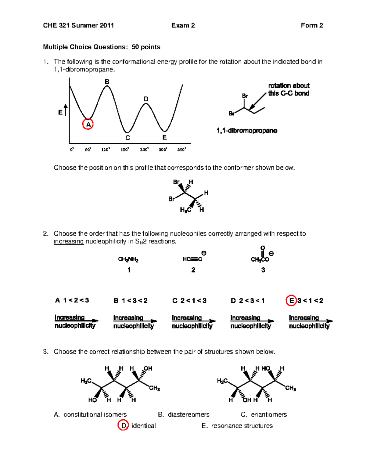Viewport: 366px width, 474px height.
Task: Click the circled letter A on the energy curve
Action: click(x=88, y=124)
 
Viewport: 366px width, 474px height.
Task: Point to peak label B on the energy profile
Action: click(x=107, y=82)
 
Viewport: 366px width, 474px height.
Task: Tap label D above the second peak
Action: click(x=146, y=99)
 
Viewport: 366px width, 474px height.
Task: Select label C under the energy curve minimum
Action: click(x=127, y=138)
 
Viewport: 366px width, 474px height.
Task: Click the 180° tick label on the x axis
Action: click(x=125, y=150)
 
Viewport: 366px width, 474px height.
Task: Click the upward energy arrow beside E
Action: click(x=66, y=110)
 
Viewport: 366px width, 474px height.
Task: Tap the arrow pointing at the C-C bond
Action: click(x=257, y=101)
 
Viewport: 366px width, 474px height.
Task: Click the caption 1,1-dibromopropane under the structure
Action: click(x=247, y=131)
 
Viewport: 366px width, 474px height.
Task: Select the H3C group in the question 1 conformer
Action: click(x=185, y=210)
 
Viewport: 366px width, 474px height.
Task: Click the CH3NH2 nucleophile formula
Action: click(x=128, y=260)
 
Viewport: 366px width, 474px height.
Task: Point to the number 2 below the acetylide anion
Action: click(x=193, y=270)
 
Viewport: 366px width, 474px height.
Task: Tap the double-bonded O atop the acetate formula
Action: click(x=263, y=248)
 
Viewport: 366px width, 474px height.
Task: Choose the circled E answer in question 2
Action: click(x=291, y=301)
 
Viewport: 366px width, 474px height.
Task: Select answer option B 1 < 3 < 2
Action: click(x=131, y=301)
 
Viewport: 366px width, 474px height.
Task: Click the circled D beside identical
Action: click(x=123, y=425)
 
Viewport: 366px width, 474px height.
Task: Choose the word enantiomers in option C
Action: click(x=269, y=414)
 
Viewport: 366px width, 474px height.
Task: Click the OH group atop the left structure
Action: click(x=148, y=368)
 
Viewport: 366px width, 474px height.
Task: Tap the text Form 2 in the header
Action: click(x=312, y=25)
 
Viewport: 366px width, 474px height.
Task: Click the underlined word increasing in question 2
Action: click(x=69, y=241)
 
